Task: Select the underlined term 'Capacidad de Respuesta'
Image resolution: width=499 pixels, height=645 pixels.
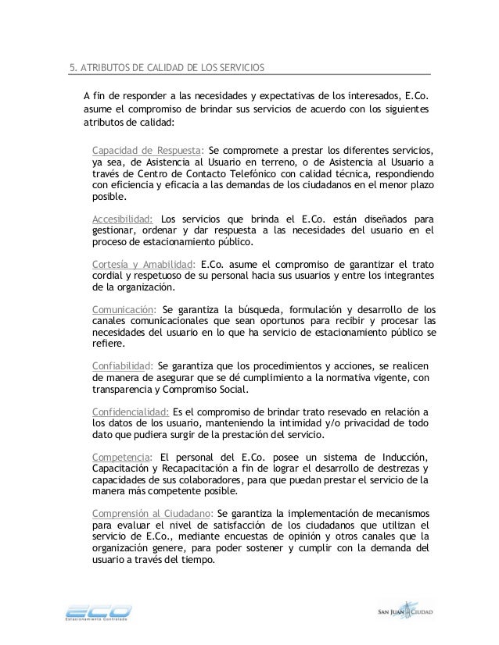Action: point(147,150)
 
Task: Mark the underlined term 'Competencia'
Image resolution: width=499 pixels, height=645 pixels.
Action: point(120,456)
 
